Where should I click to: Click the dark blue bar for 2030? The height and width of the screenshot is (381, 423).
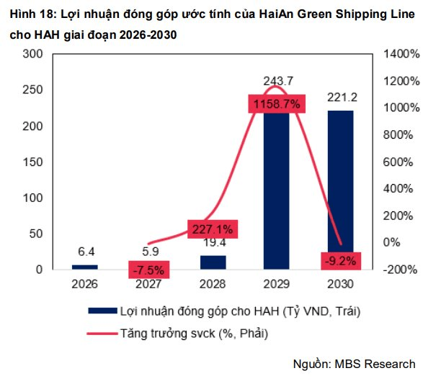pyautogui.click(x=340, y=190)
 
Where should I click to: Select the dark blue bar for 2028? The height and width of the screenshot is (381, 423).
pyautogui.click(x=213, y=262)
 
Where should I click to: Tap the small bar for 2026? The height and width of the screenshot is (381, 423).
pyautogui.click(x=85, y=267)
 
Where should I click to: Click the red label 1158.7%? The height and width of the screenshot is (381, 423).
pyautogui.click(x=277, y=104)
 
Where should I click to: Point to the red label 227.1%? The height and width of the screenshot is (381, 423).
pyautogui.click(x=213, y=229)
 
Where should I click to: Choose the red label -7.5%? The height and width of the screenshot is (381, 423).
pyautogui.click(x=149, y=270)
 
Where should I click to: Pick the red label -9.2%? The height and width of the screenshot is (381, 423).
pyautogui.click(x=341, y=261)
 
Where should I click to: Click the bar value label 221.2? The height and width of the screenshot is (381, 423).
pyautogui.click(x=342, y=97)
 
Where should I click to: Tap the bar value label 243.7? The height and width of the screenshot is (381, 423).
pyautogui.click(x=278, y=81)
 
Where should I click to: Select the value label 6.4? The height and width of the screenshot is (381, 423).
pyautogui.click(x=86, y=252)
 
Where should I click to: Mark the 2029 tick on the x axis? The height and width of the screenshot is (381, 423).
pyautogui.click(x=277, y=284)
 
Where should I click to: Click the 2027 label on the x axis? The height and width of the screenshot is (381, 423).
pyautogui.click(x=148, y=284)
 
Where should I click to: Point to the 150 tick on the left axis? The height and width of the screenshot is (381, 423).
pyautogui.click(x=32, y=162)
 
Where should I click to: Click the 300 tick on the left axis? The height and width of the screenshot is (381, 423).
pyautogui.click(x=32, y=54)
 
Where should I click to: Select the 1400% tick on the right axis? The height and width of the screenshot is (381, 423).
pyautogui.click(x=401, y=54)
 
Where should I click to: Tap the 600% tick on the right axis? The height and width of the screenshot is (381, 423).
pyautogui.click(x=398, y=162)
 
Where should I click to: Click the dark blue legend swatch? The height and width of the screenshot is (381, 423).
pyautogui.click(x=102, y=311)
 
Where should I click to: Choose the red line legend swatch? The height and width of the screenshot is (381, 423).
pyautogui.click(x=102, y=334)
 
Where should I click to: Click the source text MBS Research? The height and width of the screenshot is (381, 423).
pyautogui.click(x=375, y=364)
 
